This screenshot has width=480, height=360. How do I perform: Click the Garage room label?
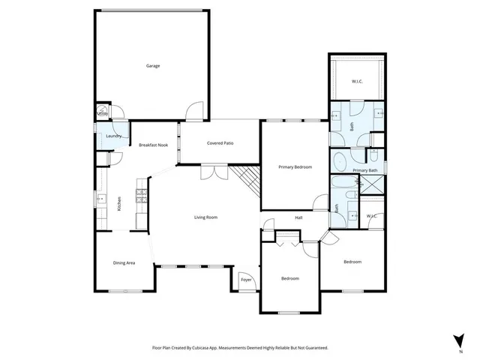coord(153,66)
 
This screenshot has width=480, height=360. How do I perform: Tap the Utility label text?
coord(103,114)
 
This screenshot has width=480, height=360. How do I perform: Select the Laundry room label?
coord(114,136)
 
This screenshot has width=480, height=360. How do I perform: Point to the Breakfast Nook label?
coord(151,145)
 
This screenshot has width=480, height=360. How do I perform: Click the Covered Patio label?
coord(220,142)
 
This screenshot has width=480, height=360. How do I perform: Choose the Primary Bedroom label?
coord(295,166)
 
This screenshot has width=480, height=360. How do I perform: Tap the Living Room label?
coord(205,217)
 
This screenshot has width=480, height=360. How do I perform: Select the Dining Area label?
coord(124,262)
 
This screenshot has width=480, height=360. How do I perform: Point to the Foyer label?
coord(246,280)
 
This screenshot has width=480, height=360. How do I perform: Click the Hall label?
coord(298,218)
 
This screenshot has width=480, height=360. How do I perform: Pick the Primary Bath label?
coord(365,170)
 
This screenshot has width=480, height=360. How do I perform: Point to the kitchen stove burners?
coord(139,196)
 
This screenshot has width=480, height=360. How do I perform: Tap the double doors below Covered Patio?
coord(213,172)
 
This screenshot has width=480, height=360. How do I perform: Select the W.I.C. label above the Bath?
coord(358,81)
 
